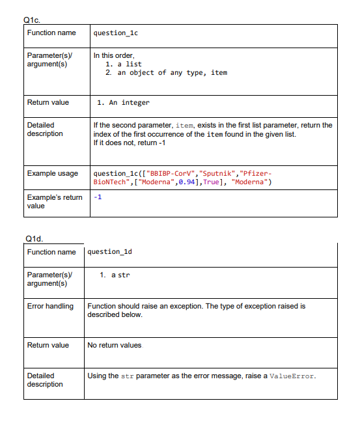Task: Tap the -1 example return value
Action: click(x=98, y=197)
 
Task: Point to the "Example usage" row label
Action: click(x=53, y=174)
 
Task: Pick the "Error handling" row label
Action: click(x=50, y=306)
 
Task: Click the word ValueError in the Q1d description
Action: click(x=292, y=376)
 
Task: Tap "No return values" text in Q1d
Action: click(x=115, y=345)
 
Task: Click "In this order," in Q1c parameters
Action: click(x=114, y=56)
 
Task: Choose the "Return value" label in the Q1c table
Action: click(x=48, y=103)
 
